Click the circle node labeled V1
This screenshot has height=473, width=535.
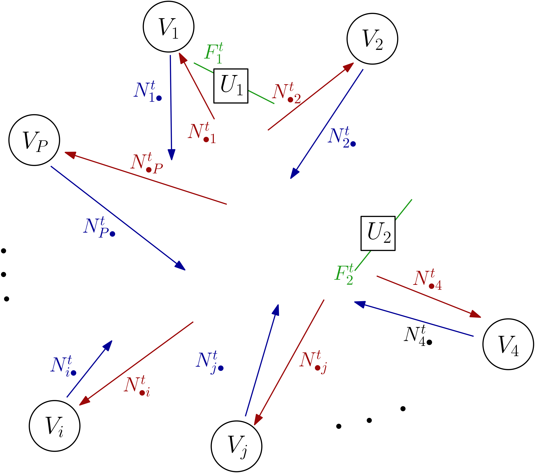pyautogui.click(x=168, y=27)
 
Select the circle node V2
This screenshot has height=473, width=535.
pyautogui.click(x=372, y=39)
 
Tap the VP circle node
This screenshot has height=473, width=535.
pyautogui.click(x=34, y=140)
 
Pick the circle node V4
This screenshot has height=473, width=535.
pyautogui.click(x=508, y=344)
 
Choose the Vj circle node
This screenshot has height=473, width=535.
pyautogui.click(x=236, y=446)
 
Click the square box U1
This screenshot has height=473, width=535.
pyautogui.click(x=231, y=86)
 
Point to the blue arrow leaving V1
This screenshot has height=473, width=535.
pyautogui.click(x=171, y=105)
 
